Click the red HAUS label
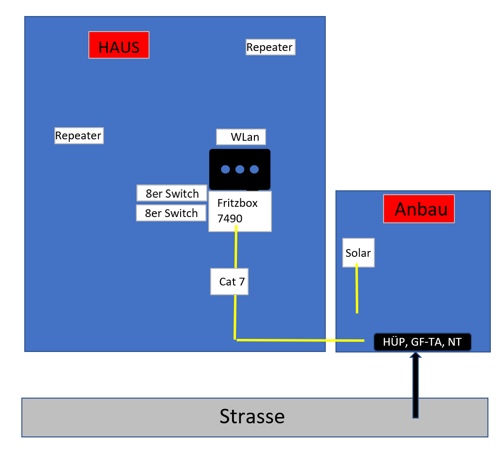click(x=119, y=45)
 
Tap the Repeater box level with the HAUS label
click(x=270, y=47)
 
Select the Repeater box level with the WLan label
click(x=79, y=136)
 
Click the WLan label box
click(x=241, y=137)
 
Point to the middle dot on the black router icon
click(x=240, y=169)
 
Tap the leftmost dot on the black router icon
click(x=225, y=169)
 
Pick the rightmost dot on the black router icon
click(x=254, y=169)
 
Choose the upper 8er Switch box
click(x=172, y=193)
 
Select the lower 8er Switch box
click(x=171, y=213)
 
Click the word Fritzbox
click(x=237, y=203)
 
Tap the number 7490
click(x=230, y=218)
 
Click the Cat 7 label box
click(x=229, y=282)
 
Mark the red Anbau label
click(x=419, y=209)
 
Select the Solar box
click(x=359, y=253)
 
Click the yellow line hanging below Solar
click(x=357, y=288)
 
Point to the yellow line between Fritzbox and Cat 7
click(x=236, y=247)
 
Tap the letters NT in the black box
click(x=454, y=342)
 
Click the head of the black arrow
click(x=416, y=355)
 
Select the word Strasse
click(x=252, y=417)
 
